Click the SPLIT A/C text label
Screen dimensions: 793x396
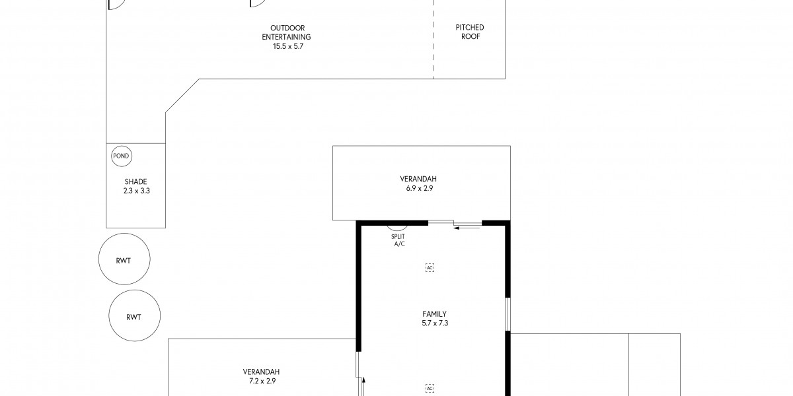coord(398,240)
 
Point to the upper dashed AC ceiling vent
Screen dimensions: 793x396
coord(430,268)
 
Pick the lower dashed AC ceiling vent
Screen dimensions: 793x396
coord(430,389)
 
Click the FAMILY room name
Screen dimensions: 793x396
coord(434,314)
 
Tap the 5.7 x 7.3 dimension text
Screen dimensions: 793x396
coord(435,323)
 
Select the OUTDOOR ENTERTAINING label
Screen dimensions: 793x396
coord(287,32)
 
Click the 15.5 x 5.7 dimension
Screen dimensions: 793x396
coord(288,46)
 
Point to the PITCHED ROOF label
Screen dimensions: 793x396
coord(470,32)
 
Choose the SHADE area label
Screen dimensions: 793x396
coord(135,181)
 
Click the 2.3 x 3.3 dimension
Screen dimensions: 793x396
coord(137,191)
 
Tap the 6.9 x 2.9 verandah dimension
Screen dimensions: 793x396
coord(420,189)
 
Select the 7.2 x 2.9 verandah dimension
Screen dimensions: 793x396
coord(262,381)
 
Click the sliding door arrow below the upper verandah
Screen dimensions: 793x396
coord(467,228)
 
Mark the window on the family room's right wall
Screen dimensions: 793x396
coord(508,314)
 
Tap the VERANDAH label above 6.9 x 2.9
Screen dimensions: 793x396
coord(418,180)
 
